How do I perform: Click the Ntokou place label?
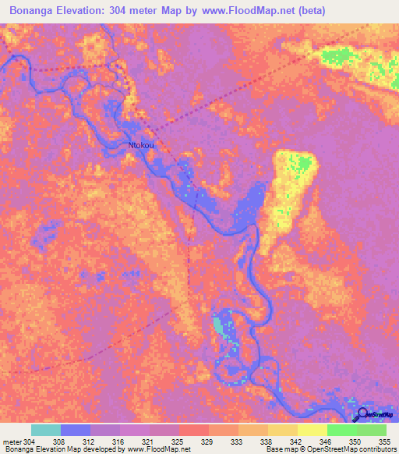pyautogui.click(x=141, y=145)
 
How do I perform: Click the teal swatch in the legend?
pyautogui.click(x=46, y=430)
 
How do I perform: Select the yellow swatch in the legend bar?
pyautogui.click(x=312, y=430)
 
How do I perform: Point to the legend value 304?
pyautogui.click(x=29, y=441)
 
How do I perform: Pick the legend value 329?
pyautogui.click(x=208, y=441)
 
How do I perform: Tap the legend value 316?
pyautogui.click(x=119, y=441)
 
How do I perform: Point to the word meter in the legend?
pyautogui.click(x=11, y=441)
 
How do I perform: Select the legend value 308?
pyautogui.click(x=58, y=441)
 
